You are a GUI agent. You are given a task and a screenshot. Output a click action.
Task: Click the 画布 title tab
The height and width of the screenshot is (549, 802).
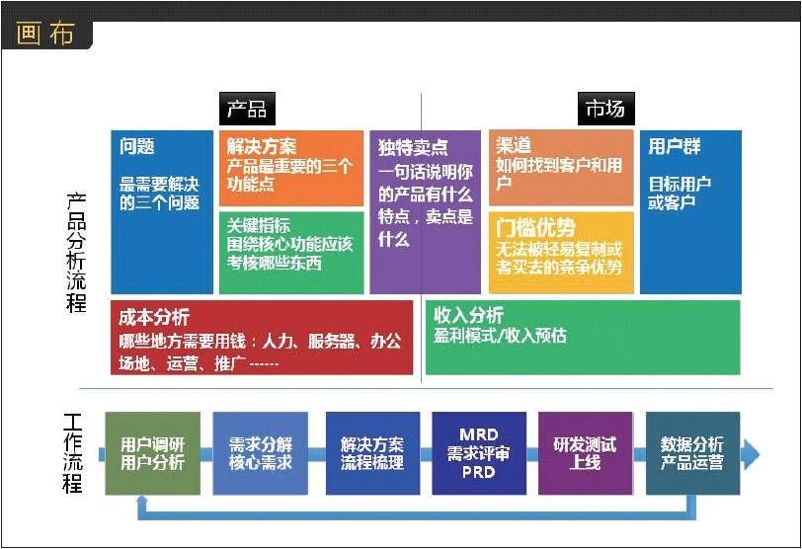(x=45, y=34)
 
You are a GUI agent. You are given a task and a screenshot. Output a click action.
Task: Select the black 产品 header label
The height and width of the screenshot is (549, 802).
(x=247, y=109)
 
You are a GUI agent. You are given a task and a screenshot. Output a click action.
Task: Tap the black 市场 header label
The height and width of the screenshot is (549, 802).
(x=604, y=109)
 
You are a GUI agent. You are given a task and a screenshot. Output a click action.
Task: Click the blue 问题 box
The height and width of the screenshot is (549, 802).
(x=162, y=211)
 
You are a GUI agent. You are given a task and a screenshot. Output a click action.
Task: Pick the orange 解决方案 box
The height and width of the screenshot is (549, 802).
(x=290, y=167)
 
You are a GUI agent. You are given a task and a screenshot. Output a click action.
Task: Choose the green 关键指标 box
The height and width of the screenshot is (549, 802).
(x=290, y=252)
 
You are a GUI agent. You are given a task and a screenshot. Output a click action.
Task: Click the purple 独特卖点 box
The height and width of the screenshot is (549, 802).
(x=425, y=211)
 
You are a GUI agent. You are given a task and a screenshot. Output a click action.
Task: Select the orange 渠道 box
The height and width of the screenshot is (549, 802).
(x=560, y=167)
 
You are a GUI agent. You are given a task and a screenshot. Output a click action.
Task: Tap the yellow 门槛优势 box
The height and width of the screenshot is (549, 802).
(x=560, y=252)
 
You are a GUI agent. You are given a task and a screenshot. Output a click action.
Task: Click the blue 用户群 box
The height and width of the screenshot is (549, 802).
(x=689, y=211)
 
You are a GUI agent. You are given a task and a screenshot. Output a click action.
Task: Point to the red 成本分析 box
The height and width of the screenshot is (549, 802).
(x=262, y=338)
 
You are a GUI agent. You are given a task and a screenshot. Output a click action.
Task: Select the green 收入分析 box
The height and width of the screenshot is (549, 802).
(x=582, y=338)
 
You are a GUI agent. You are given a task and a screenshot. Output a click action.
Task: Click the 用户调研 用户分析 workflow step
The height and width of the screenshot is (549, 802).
(x=152, y=453)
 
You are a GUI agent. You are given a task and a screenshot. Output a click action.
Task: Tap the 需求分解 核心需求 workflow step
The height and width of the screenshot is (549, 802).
(x=260, y=453)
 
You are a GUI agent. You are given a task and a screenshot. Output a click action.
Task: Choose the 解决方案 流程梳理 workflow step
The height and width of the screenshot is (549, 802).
(x=372, y=453)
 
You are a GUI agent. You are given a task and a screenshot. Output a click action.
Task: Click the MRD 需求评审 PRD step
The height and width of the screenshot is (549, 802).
(x=479, y=453)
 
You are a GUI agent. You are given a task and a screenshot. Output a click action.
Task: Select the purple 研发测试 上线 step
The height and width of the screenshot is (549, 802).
(x=585, y=453)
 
